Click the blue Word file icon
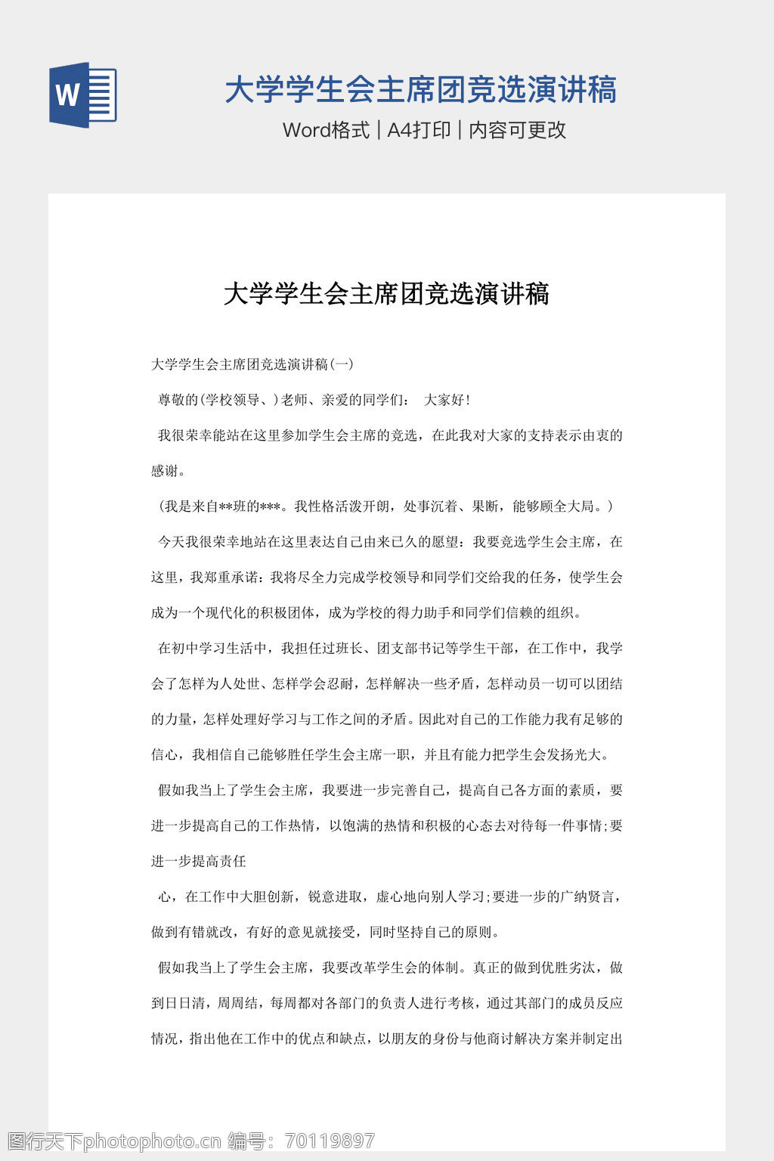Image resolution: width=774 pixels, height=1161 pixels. click(x=83, y=95)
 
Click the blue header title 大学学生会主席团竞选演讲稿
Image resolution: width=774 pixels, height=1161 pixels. click(x=420, y=90)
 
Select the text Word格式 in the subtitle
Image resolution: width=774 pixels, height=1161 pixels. click(x=326, y=130)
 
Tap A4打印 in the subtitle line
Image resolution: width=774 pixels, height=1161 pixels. click(x=419, y=130)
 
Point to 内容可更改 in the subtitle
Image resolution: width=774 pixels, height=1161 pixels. click(x=518, y=130)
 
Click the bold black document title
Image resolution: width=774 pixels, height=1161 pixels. click(x=386, y=293)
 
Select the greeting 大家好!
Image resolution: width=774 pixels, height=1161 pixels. click(x=447, y=400)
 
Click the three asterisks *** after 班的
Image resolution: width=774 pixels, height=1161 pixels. click(x=271, y=506)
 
